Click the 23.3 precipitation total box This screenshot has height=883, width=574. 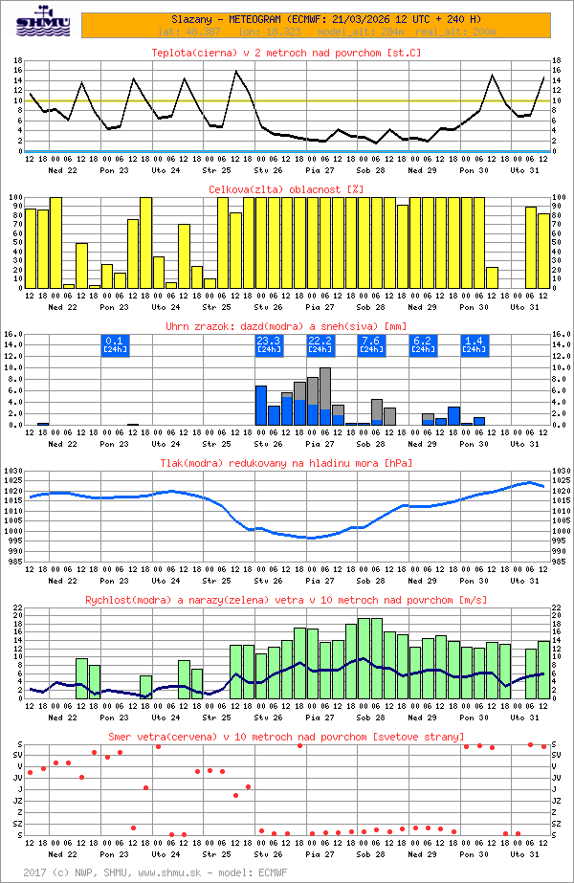pyautogui.click(x=268, y=345)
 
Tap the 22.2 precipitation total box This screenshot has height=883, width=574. pyautogui.click(x=320, y=345)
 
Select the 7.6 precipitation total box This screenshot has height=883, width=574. pyautogui.click(x=371, y=345)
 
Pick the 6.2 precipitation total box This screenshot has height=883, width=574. pyautogui.click(x=423, y=345)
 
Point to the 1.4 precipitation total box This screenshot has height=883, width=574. pyautogui.click(x=474, y=345)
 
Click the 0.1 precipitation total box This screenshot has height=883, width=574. pyautogui.click(x=114, y=345)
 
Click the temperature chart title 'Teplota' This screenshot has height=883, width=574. pyautogui.click(x=287, y=53)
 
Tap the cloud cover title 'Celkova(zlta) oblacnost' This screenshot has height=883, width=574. pyautogui.click(x=287, y=189)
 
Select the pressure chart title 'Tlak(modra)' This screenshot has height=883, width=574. pyautogui.click(x=287, y=463)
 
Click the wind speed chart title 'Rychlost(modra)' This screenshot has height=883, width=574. pyautogui.click(x=287, y=600)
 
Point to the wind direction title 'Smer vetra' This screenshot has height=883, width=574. pyautogui.click(x=287, y=737)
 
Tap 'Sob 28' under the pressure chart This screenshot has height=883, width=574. pyautogui.click(x=371, y=580)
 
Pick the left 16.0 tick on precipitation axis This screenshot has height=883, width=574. pyautogui.click(x=11, y=335)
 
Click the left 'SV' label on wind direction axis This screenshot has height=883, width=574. pyautogui.click(x=18, y=756)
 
